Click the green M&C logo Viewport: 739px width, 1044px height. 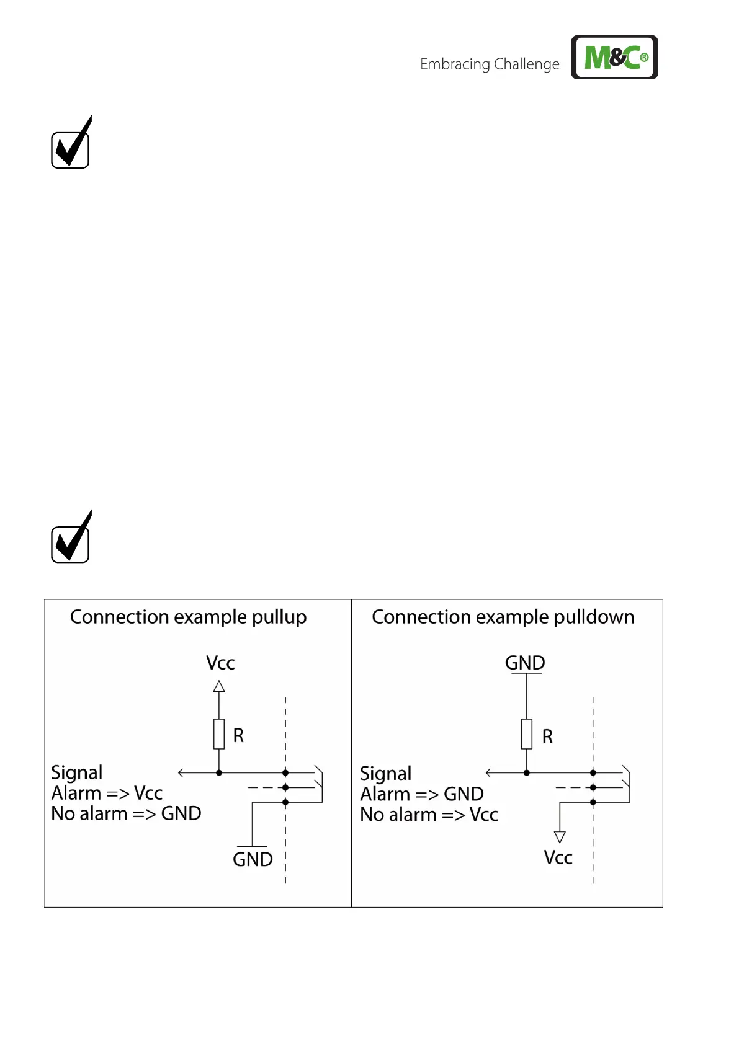click(614, 57)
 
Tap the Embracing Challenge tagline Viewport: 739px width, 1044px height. click(490, 64)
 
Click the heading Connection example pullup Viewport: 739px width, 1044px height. click(188, 617)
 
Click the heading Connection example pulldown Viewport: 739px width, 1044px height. click(503, 617)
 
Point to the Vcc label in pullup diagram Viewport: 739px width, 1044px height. click(220, 663)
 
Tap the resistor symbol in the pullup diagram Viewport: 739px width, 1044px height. click(219, 734)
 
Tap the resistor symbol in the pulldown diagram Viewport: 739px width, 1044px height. click(527, 734)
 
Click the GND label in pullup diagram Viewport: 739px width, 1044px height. click(253, 859)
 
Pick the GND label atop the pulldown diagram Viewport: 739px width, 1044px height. click(525, 663)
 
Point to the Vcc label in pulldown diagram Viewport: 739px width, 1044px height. click(558, 858)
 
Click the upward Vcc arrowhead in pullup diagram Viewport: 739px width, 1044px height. click(219, 686)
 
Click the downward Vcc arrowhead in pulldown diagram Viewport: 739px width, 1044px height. click(560, 837)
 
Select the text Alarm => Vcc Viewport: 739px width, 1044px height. click(107, 794)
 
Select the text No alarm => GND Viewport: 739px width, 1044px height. click(126, 814)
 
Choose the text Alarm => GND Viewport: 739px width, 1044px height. click(422, 794)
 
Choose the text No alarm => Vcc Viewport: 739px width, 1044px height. click(429, 815)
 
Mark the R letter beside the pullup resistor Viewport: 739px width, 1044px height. click(238, 736)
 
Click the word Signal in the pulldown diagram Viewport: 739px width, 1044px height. click(385, 774)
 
